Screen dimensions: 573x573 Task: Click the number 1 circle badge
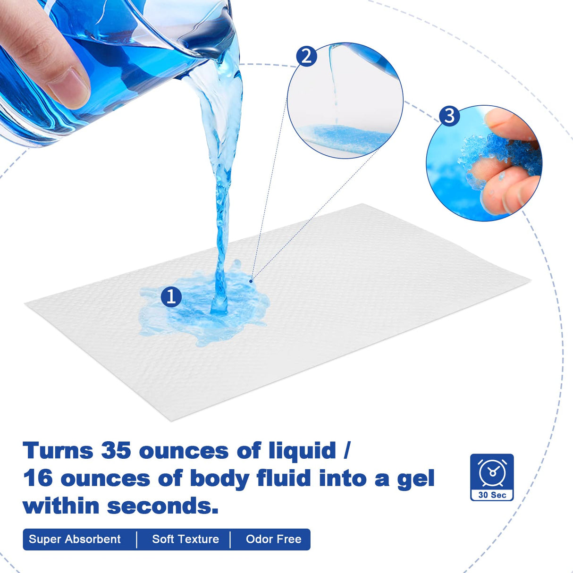pyautogui.click(x=171, y=296)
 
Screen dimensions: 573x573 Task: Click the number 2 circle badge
pyautogui.click(x=307, y=57)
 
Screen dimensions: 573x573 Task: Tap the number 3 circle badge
pyautogui.click(x=449, y=116)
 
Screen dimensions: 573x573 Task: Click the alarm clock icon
pyautogui.click(x=492, y=473)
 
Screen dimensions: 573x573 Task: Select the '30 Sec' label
pyautogui.click(x=492, y=495)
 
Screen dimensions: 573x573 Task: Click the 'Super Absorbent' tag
pyautogui.click(x=75, y=539)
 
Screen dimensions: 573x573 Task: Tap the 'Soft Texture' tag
pyautogui.click(x=185, y=539)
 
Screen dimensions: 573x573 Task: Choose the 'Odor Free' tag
pyautogui.click(x=274, y=539)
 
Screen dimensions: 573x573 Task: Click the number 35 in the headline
pyautogui.click(x=116, y=451)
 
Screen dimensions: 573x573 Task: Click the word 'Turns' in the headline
pyautogui.click(x=58, y=451)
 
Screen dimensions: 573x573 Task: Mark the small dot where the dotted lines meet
pyautogui.click(x=251, y=281)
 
